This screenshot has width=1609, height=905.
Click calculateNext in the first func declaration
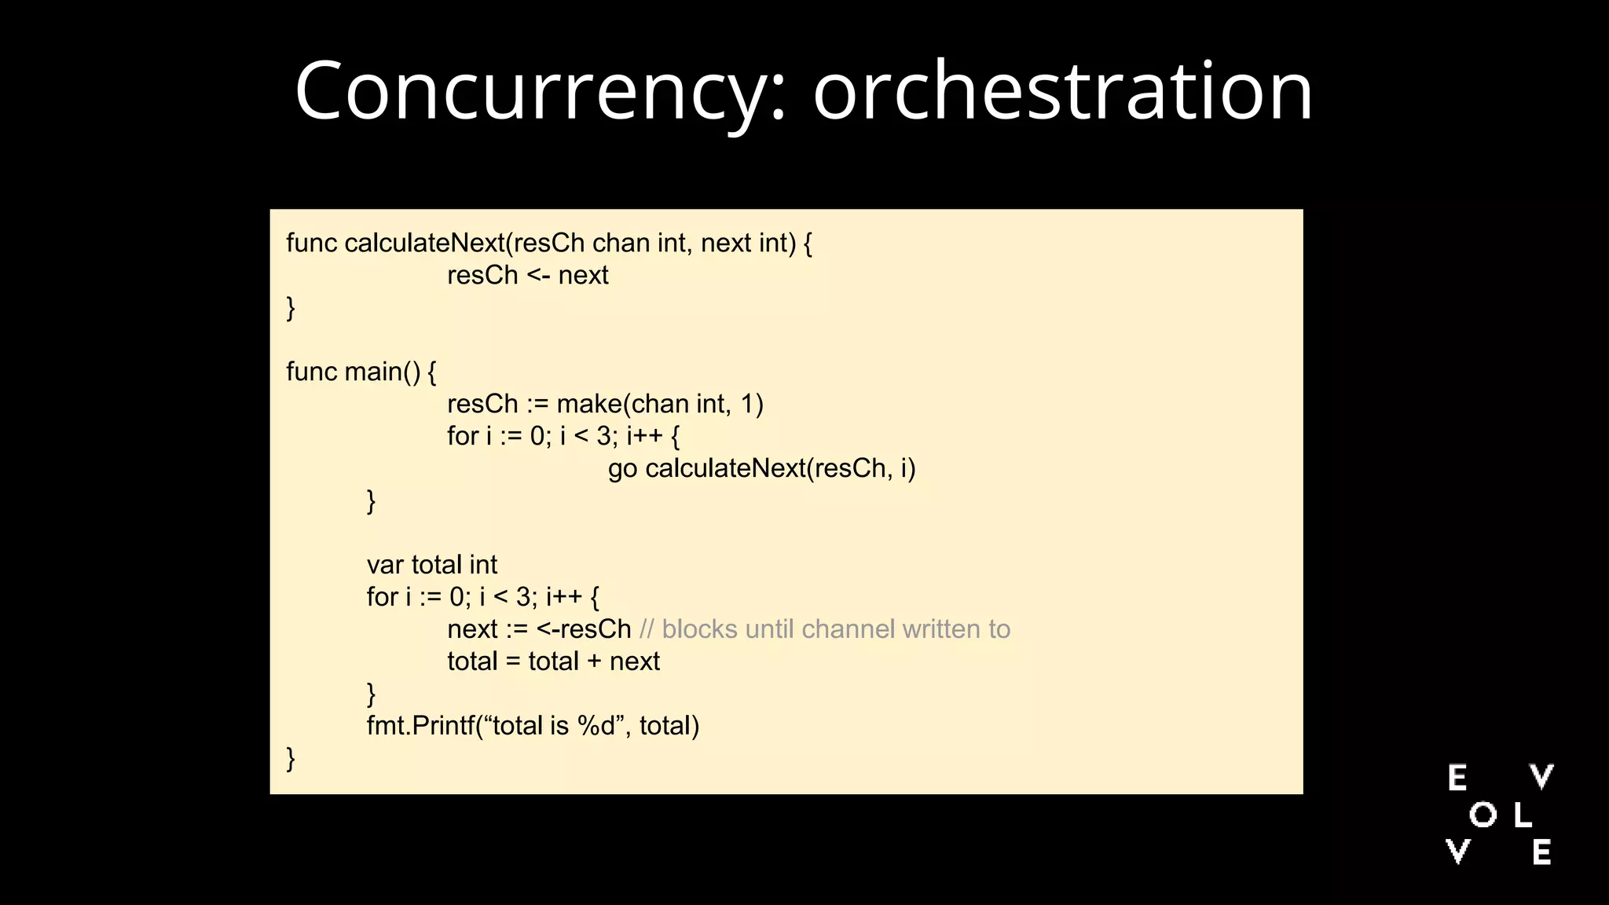click(x=423, y=244)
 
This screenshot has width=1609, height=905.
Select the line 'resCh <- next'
click(x=527, y=276)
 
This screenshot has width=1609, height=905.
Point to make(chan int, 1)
click(x=660, y=404)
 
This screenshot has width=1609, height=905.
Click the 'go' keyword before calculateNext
click(x=622, y=469)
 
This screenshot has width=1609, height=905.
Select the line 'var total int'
click(x=431, y=565)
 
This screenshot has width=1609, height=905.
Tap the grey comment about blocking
click(x=825, y=629)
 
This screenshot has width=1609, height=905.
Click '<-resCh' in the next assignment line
click(x=584, y=629)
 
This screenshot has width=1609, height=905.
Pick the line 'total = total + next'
click(x=553, y=661)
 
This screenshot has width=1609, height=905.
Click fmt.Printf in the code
click(x=420, y=726)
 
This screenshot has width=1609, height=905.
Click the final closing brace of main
click(x=291, y=759)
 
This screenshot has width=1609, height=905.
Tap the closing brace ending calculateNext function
click(x=291, y=307)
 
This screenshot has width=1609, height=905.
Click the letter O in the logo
click(x=1483, y=815)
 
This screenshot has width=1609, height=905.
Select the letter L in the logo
click(x=1522, y=815)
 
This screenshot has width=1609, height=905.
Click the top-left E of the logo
click(x=1457, y=778)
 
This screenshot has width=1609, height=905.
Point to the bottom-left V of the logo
click(x=1457, y=852)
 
